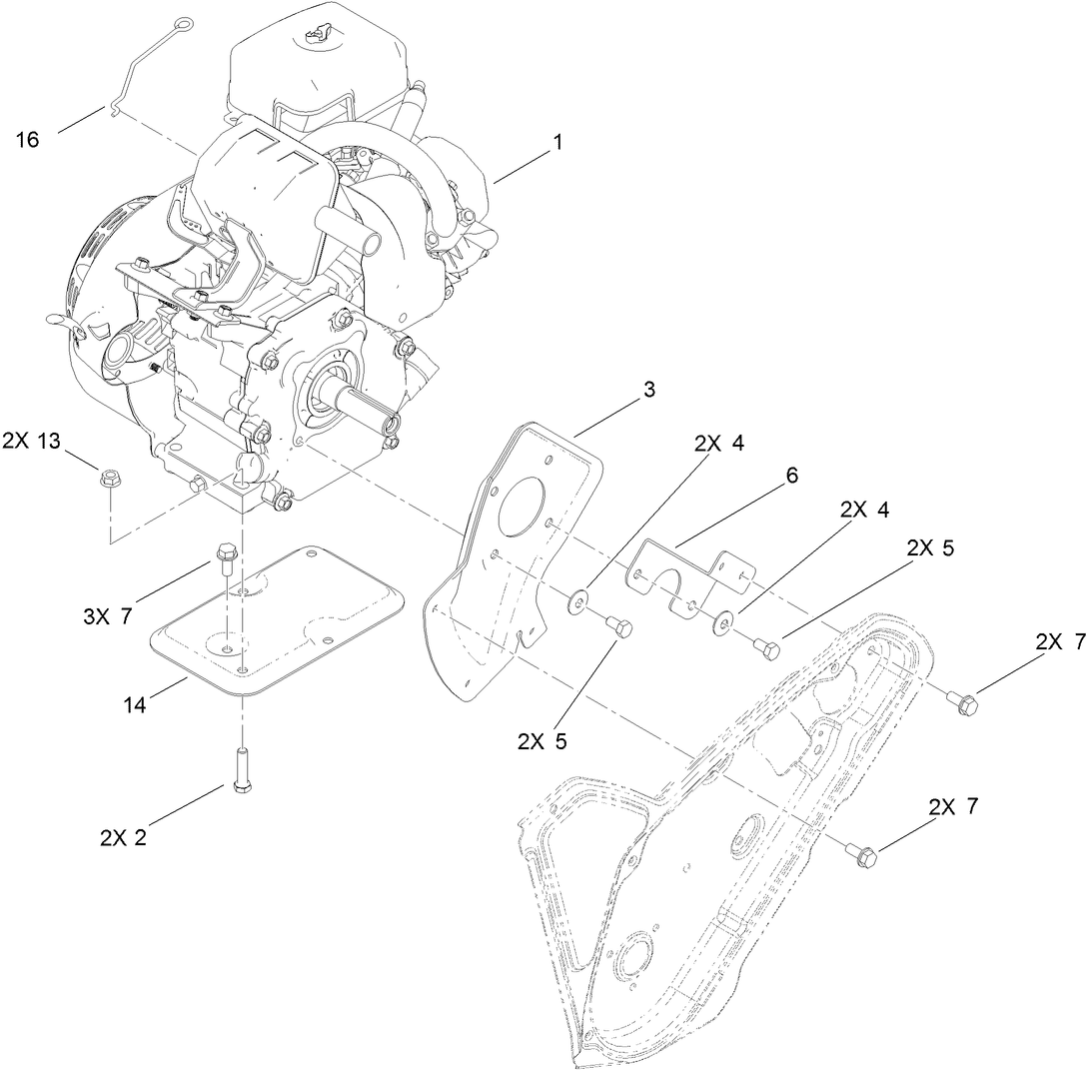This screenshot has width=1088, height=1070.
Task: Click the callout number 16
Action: click(28, 140)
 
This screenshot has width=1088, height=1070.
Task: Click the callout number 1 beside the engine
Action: click(557, 143)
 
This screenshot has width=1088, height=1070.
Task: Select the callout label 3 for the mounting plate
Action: click(649, 391)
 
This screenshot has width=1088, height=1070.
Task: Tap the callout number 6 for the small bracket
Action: click(791, 476)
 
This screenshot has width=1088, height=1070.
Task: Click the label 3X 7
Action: click(107, 617)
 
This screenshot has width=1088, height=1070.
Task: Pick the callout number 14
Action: click(135, 705)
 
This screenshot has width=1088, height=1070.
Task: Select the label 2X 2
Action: click(123, 837)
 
